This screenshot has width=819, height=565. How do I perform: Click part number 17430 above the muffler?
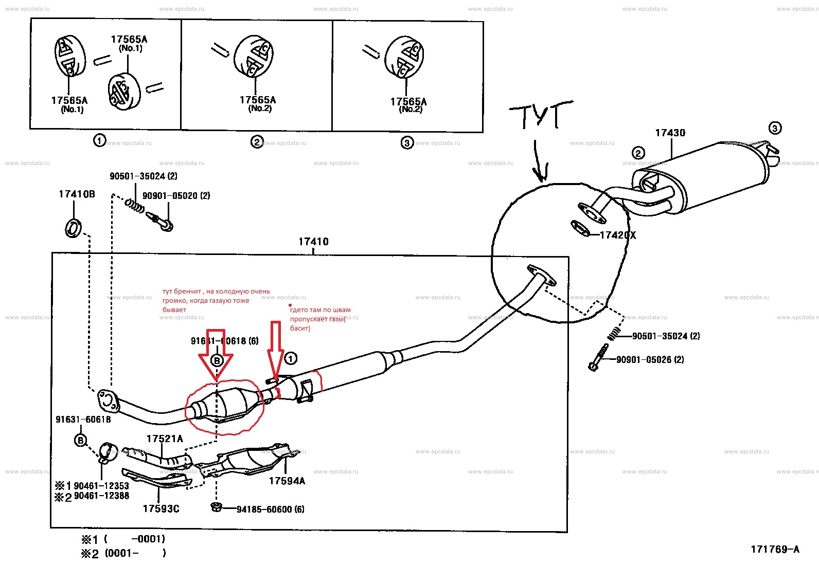coord(670,133)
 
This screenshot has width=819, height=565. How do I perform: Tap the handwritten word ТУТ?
coord(540,116)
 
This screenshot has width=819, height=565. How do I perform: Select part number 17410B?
coord(77,194)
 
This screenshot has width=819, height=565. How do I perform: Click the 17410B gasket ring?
coord(74,227)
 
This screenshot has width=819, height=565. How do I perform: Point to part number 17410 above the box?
coord(313,241)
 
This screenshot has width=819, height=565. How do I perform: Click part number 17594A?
coord(287,481)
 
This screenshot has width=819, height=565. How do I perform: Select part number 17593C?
coord(161,508)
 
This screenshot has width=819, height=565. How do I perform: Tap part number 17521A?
coord(165,439)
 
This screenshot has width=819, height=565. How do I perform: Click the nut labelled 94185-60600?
coord(216,507)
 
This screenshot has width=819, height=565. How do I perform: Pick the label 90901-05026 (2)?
coord(650,359)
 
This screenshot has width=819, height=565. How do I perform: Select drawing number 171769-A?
coord(775,549)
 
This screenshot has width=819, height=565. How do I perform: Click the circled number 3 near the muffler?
coord(775,128)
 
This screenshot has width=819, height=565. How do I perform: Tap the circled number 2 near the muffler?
coord(638,153)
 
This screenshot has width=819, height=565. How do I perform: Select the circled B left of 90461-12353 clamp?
coord(81,440)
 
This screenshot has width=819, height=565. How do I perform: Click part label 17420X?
coord(618,235)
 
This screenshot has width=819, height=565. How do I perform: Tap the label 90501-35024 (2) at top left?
coord(144,176)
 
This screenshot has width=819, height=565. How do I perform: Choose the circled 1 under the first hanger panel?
coord(100,140)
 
